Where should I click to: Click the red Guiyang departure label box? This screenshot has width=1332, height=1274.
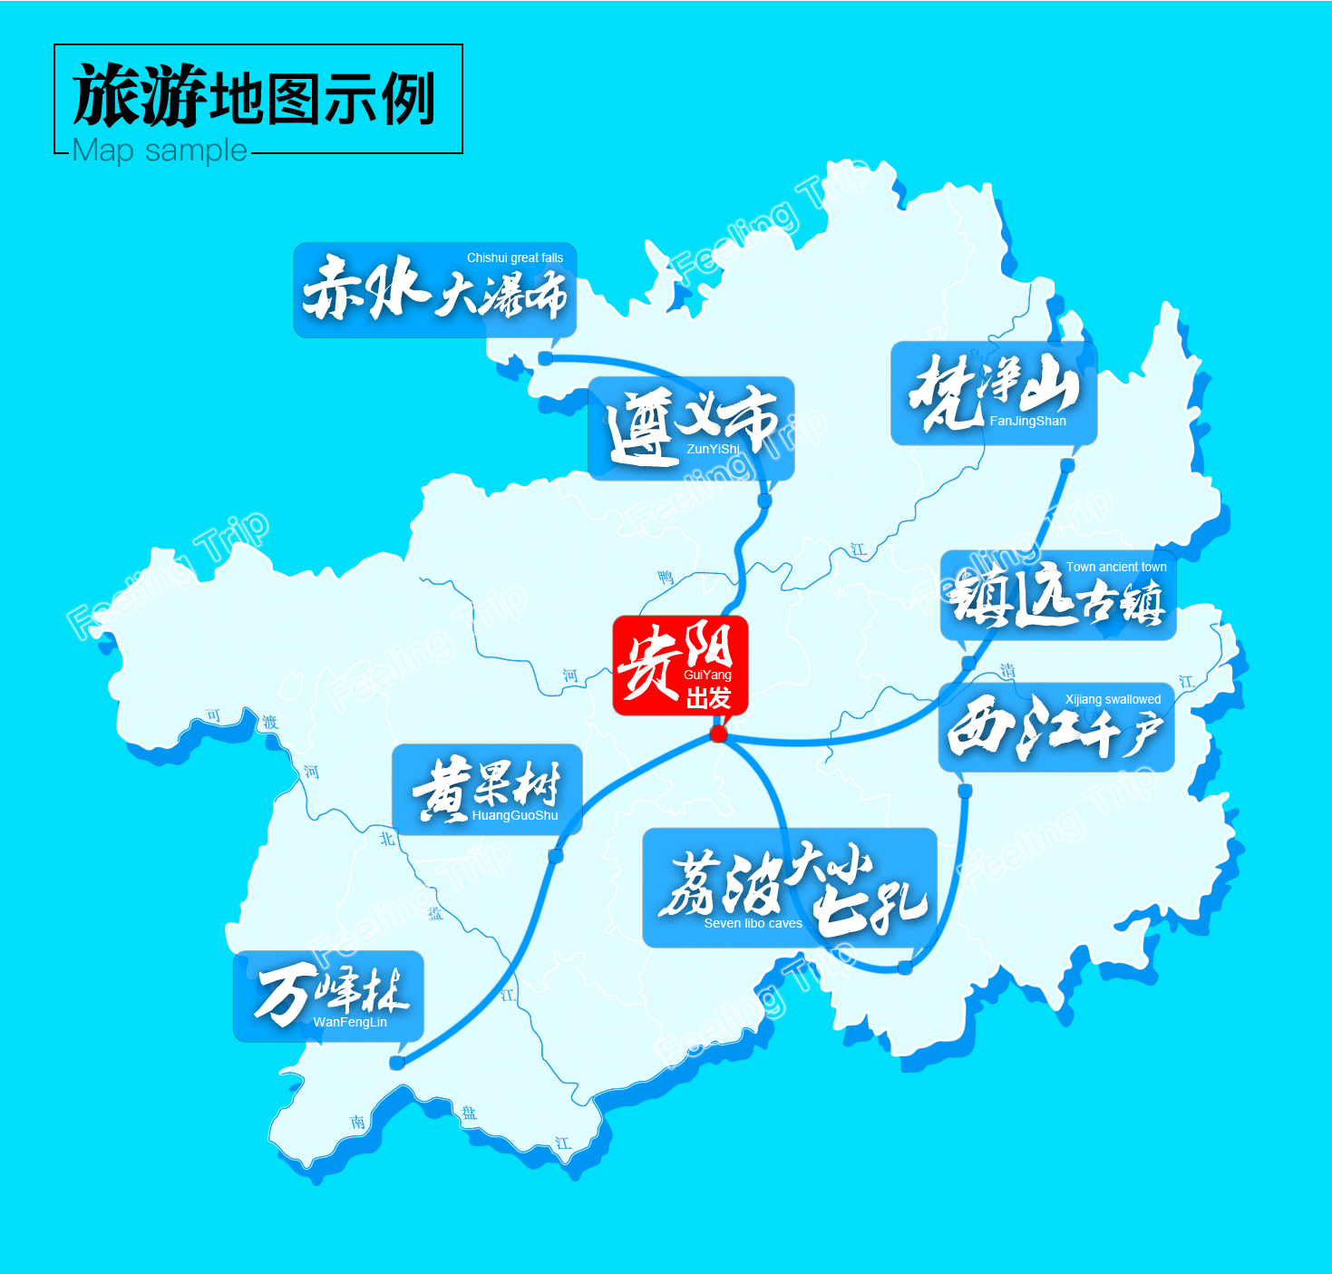click(x=680, y=665)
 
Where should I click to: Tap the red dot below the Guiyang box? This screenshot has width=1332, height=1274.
click(x=719, y=734)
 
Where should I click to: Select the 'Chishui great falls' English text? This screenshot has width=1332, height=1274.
click(x=514, y=258)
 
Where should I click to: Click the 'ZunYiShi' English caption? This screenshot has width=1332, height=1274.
click(x=713, y=449)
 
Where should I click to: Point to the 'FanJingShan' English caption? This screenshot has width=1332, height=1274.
click(x=1027, y=421)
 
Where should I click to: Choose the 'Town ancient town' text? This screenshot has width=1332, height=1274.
click(x=1115, y=567)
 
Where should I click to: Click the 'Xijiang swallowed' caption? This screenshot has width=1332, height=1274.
click(x=1113, y=699)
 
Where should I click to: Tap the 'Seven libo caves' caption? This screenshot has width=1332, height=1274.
click(x=753, y=923)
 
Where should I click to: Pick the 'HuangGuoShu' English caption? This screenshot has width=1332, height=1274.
click(x=514, y=815)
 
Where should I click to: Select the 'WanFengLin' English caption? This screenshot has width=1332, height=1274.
click(x=350, y=1022)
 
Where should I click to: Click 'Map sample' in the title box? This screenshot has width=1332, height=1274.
click(x=160, y=150)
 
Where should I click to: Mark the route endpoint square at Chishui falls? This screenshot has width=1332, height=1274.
click(x=546, y=358)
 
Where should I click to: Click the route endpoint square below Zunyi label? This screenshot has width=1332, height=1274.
click(x=764, y=501)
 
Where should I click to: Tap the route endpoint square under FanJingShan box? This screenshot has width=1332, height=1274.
click(x=1067, y=465)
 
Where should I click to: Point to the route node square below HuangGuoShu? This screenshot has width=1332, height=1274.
click(x=556, y=856)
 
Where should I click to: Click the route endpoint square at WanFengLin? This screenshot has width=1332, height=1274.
click(x=396, y=1062)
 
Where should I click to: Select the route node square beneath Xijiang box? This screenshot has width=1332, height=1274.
click(x=965, y=791)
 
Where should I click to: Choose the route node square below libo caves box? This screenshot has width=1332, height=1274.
click(x=904, y=968)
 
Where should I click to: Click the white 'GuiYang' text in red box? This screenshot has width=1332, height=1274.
click(x=707, y=675)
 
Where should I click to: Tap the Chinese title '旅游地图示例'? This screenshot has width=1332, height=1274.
click(x=254, y=97)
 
